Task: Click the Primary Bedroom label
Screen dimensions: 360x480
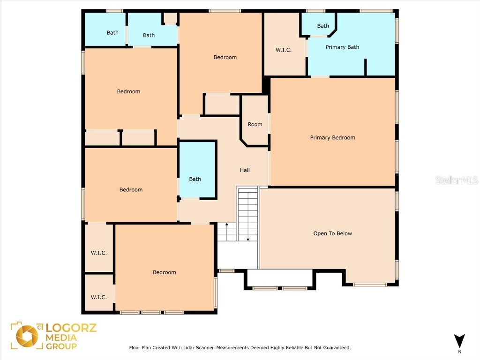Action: tap(332, 137)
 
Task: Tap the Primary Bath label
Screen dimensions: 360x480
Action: tap(342, 47)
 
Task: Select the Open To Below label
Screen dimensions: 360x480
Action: tap(332, 233)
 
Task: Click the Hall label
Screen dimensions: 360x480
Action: tap(245, 170)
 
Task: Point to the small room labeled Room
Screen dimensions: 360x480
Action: tap(255, 124)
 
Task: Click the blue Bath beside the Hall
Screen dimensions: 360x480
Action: tap(195, 179)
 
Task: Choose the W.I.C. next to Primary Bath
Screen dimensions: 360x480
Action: tap(284, 50)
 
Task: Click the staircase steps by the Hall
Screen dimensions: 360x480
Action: tap(247, 213)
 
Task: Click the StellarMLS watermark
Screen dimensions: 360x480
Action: tap(456, 180)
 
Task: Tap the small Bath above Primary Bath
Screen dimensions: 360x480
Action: tap(323, 26)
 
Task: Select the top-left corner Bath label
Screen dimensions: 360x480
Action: tap(112, 33)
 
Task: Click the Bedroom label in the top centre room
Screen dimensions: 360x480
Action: tap(225, 57)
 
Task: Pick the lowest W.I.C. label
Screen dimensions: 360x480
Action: tap(98, 297)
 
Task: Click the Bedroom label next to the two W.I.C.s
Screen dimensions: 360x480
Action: tap(165, 272)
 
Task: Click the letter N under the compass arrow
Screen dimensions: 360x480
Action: tap(459, 352)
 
